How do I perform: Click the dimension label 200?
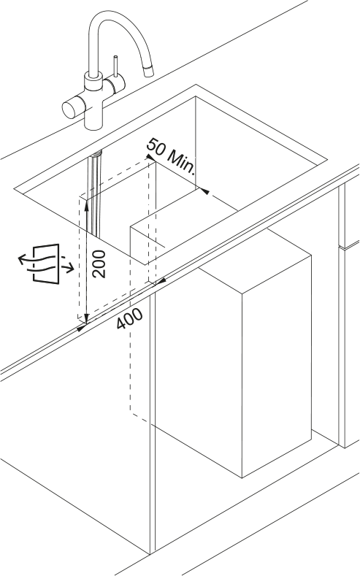coord(99,264)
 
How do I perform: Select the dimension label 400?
coord(129,318)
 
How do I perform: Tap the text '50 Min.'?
coord(170,155)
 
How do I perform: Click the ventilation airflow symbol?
coord(46,264)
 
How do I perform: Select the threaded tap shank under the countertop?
coord(97,153)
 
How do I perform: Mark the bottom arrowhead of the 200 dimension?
coord(86,319)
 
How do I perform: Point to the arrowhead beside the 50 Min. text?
coord(150,157)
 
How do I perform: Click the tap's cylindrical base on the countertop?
coord(93,118)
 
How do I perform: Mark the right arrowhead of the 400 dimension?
coord(162,281)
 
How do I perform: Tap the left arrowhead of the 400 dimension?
coord(81,327)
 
